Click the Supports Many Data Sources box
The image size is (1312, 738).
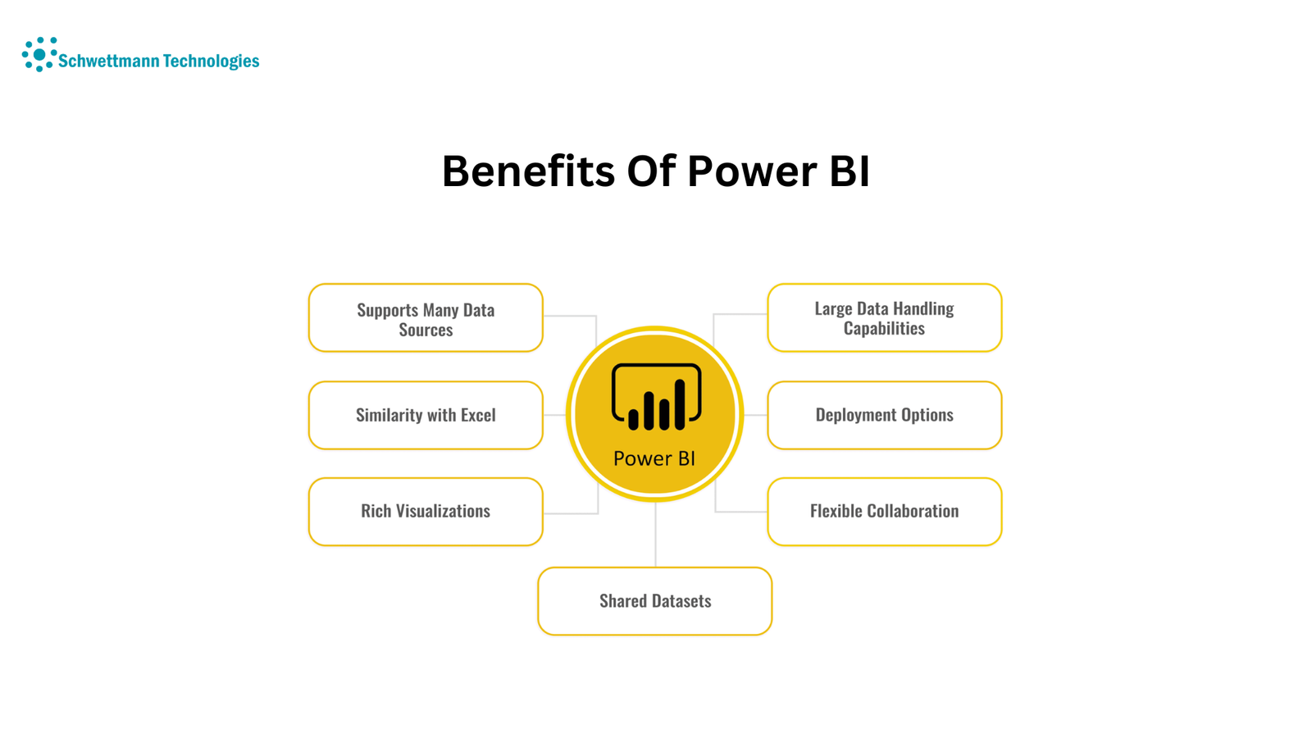pyautogui.click(x=426, y=318)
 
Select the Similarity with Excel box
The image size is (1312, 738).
pyautogui.click(x=426, y=415)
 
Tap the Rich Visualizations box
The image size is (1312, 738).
pyautogui.click(x=426, y=512)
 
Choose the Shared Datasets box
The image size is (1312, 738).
pyautogui.click(x=655, y=601)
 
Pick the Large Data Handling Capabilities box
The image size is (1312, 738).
pyautogui.click(x=885, y=318)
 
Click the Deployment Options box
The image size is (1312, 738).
pyautogui.click(x=885, y=415)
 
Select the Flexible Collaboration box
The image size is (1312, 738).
pyautogui.click(x=885, y=512)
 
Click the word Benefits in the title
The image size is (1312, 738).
pyautogui.click(x=528, y=171)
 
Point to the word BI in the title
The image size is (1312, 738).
pyautogui.click(x=850, y=171)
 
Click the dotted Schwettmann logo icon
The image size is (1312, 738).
pyautogui.click(x=39, y=54)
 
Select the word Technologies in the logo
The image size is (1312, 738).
pyautogui.click(x=211, y=61)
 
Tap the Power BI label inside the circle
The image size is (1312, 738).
pyautogui.click(x=654, y=458)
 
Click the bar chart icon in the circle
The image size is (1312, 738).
pyautogui.click(x=656, y=397)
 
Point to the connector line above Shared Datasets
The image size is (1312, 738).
pyautogui.click(x=655, y=534)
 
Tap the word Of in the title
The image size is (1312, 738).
pyautogui.click(x=651, y=171)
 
